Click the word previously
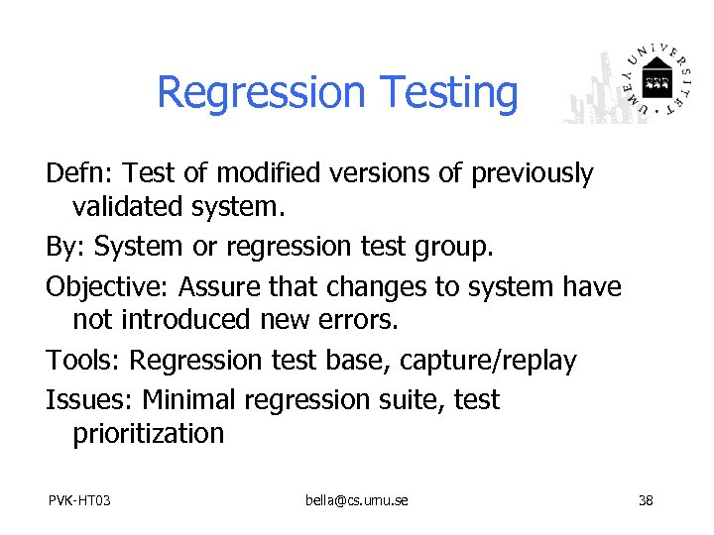click(x=532, y=174)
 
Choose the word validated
click(x=132, y=207)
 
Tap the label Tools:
click(x=84, y=361)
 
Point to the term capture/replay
click(x=488, y=362)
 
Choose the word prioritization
click(x=149, y=434)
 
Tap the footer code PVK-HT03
click(x=79, y=500)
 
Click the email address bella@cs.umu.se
click(x=356, y=500)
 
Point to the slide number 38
click(x=646, y=500)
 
